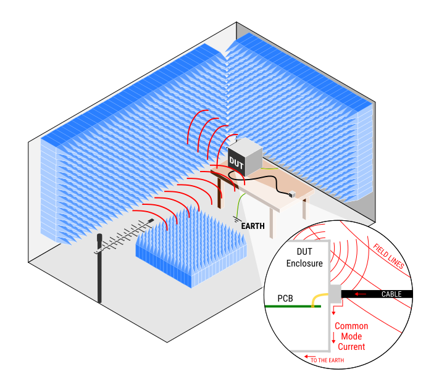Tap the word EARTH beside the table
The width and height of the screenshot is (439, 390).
click(253, 226)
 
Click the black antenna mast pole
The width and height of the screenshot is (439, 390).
click(99, 272)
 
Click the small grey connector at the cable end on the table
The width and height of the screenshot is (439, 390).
click(293, 194)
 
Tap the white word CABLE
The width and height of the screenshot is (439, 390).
click(391, 294)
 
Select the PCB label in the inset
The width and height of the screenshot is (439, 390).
click(285, 298)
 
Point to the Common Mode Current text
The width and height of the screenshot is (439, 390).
click(351, 336)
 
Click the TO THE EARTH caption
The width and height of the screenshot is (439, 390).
click(327, 360)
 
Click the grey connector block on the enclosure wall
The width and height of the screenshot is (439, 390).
click(335, 294)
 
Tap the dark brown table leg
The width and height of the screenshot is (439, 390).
click(220, 193)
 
